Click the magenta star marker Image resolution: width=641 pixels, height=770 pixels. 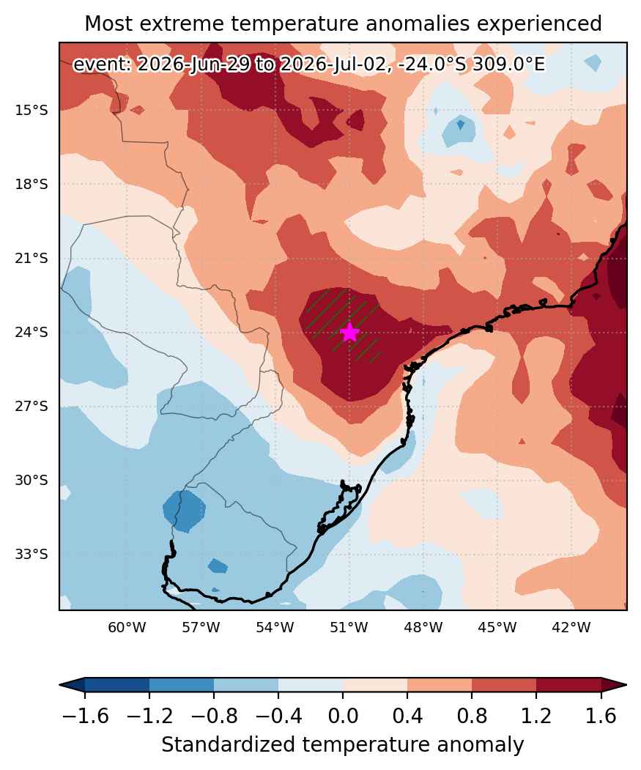[x=349, y=333]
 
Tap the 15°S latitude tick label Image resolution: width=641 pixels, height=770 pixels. [x=32, y=110]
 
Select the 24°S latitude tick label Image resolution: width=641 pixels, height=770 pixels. [x=32, y=333]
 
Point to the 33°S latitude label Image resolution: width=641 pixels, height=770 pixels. [x=32, y=555]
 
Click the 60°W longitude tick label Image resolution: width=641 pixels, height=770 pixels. [x=127, y=627]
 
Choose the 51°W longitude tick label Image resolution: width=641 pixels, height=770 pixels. [x=349, y=627]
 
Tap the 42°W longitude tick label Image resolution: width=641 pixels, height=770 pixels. [x=571, y=627]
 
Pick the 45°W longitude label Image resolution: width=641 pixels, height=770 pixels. [x=497, y=627]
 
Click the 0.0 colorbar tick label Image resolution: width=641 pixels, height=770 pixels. [x=343, y=717]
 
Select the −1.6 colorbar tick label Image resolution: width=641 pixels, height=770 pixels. [x=86, y=717]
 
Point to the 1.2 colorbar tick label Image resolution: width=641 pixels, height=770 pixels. [x=536, y=717]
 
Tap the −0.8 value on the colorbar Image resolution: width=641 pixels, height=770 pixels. [x=214, y=717]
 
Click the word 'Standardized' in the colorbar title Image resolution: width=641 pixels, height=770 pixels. [x=229, y=745]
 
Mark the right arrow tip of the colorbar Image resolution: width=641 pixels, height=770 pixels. [x=626, y=684]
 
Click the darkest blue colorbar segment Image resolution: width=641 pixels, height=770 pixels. [x=117, y=684]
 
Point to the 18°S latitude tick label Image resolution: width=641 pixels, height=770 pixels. [x=32, y=184]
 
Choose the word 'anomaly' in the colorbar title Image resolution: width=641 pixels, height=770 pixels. [x=486, y=745]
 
